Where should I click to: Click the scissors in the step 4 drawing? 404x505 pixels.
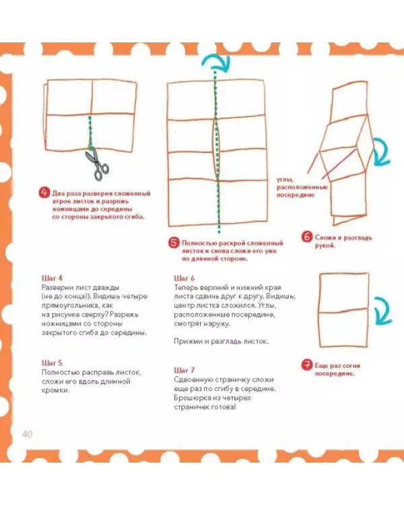click(97, 164)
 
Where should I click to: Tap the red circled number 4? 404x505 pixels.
click(44, 193)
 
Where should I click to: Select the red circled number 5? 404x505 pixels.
click(174, 243)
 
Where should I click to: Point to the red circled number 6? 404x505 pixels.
click(307, 237)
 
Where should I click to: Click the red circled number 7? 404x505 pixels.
click(307, 365)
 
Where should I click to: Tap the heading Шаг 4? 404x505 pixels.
click(52, 278)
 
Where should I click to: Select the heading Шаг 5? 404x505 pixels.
click(52, 363)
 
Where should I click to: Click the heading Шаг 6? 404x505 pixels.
click(184, 278)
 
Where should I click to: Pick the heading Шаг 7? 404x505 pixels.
click(184, 370)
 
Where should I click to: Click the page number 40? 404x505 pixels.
click(28, 434)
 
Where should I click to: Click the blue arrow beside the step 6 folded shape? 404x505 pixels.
click(382, 151)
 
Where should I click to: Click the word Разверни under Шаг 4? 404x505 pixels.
click(57, 288)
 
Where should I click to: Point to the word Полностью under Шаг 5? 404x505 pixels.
click(60, 372)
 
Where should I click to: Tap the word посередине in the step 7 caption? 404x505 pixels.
click(335, 374)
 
